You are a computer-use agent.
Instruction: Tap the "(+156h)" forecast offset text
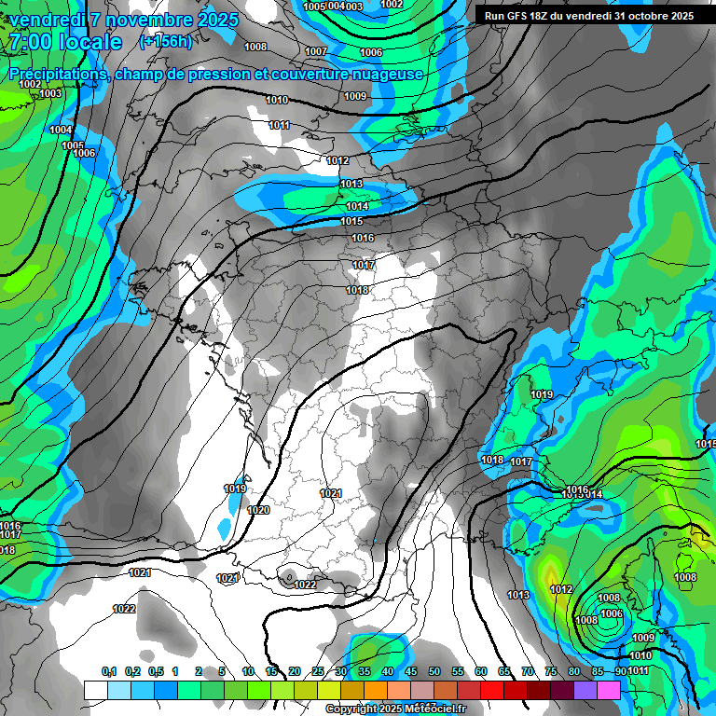click(x=165, y=41)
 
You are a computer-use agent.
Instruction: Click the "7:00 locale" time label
click(x=65, y=43)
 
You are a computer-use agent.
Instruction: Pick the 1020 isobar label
click(x=258, y=510)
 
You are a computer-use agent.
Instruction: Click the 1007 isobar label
click(x=316, y=51)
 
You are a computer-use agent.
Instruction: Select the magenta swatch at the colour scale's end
click(x=609, y=690)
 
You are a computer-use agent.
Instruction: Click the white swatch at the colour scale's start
click(x=95, y=690)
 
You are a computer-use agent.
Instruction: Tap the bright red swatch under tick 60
click(x=492, y=690)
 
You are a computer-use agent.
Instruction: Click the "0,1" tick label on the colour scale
click(x=108, y=672)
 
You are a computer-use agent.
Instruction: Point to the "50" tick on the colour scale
click(x=434, y=672)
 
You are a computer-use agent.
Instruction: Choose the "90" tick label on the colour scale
click(x=621, y=672)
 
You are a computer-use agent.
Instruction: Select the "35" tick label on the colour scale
click(x=365, y=672)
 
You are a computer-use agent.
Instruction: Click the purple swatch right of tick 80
click(x=585, y=690)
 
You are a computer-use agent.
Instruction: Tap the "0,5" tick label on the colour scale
click(x=156, y=672)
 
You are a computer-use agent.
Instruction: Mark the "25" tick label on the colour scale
click(x=318, y=672)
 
